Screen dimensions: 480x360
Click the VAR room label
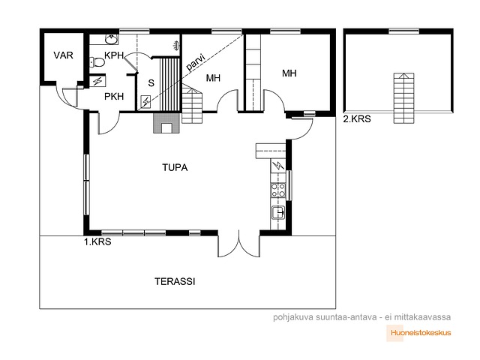click(x=63, y=55)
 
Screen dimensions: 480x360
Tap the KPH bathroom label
click(x=114, y=55)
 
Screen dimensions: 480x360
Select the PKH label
click(x=114, y=97)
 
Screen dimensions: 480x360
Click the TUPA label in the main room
click(x=175, y=167)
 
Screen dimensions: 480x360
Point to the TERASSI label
click(x=175, y=281)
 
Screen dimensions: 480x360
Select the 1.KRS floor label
click(x=97, y=241)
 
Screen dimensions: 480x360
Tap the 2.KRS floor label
click(x=357, y=118)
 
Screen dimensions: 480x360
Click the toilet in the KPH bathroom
click(x=97, y=62)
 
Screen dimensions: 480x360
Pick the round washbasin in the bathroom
click(x=110, y=39)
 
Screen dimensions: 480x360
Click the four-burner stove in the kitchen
click(x=278, y=190)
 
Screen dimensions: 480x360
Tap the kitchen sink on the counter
click(x=278, y=211)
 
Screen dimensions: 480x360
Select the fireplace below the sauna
click(x=166, y=123)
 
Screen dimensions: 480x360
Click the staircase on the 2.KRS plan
click(x=403, y=98)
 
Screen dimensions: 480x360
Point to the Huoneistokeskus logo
click(x=418, y=333)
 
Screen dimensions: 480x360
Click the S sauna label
click(x=151, y=83)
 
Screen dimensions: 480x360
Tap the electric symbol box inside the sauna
click(x=145, y=102)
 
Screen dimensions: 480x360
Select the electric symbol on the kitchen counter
click(x=278, y=166)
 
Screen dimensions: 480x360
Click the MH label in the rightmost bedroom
click(x=289, y=73)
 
